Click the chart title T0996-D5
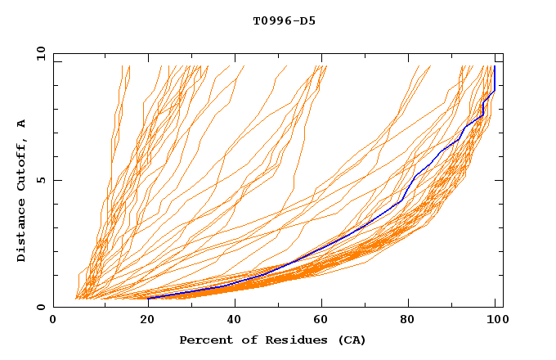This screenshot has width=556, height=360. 284,20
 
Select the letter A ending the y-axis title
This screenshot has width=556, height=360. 22,124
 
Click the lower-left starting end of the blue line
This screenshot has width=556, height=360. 149,299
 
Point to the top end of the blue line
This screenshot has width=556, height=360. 495,67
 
